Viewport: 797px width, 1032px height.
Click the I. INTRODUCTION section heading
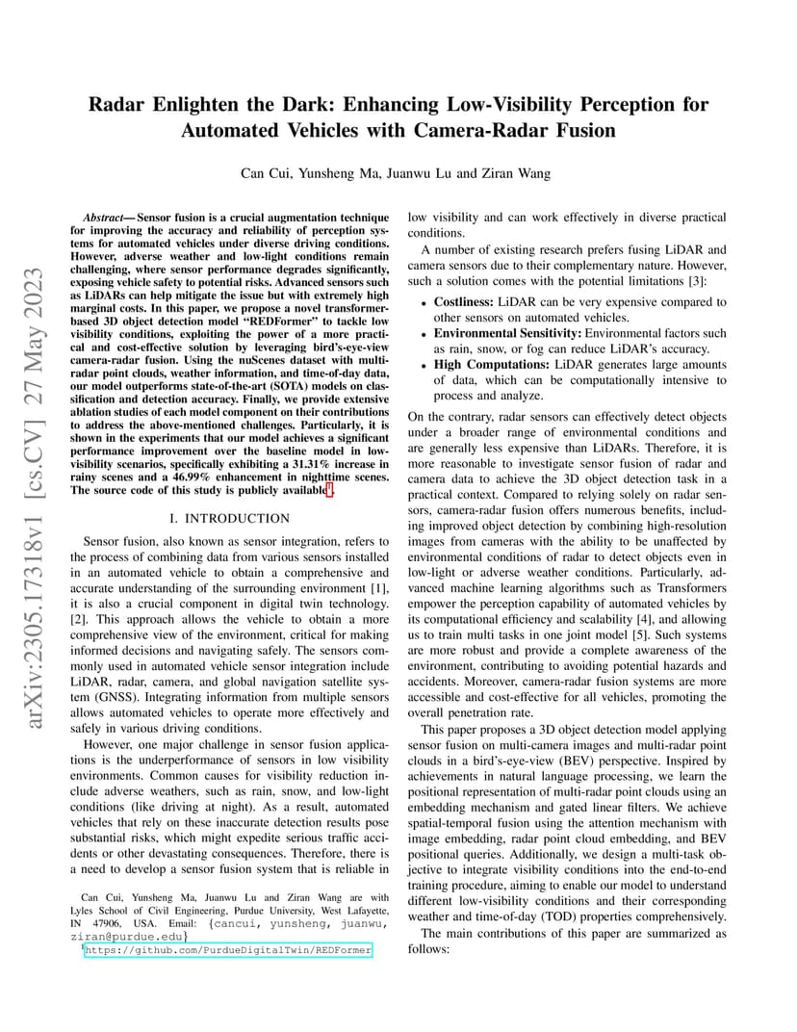click(228, 518)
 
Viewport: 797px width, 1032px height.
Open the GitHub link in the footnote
click(228, 950)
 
